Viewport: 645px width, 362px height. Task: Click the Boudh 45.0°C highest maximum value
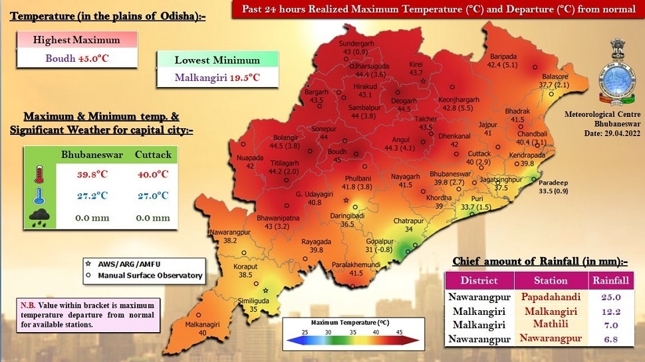point(76,58)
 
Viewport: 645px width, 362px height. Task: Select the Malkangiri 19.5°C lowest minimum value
point(217,78)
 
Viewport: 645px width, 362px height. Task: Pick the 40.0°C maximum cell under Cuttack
point(154,175)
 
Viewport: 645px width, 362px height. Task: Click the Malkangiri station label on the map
point(202,324)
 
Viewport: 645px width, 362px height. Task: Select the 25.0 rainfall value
point(611,297)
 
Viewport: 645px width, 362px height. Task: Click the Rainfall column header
point(611,280)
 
